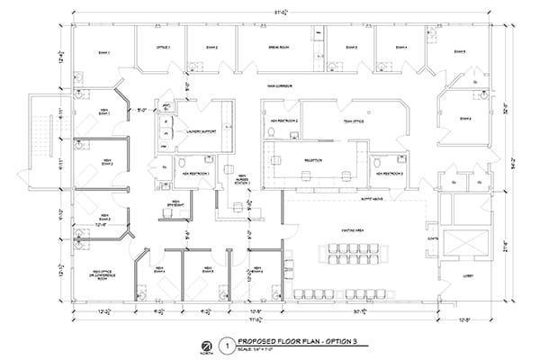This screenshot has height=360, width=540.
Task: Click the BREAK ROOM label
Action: (x=278, y=46)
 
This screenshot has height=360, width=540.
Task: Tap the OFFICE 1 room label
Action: (x=164, y=46)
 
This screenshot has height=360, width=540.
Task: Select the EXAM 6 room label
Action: (x=464, y=117)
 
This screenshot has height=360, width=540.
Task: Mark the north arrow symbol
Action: (x=206, y=344)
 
